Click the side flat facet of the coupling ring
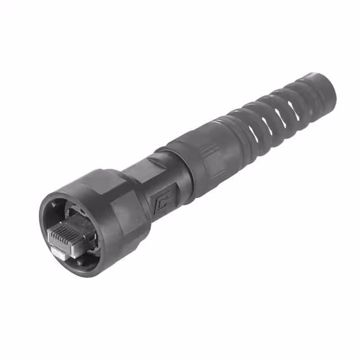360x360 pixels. [x=127, y=219]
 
